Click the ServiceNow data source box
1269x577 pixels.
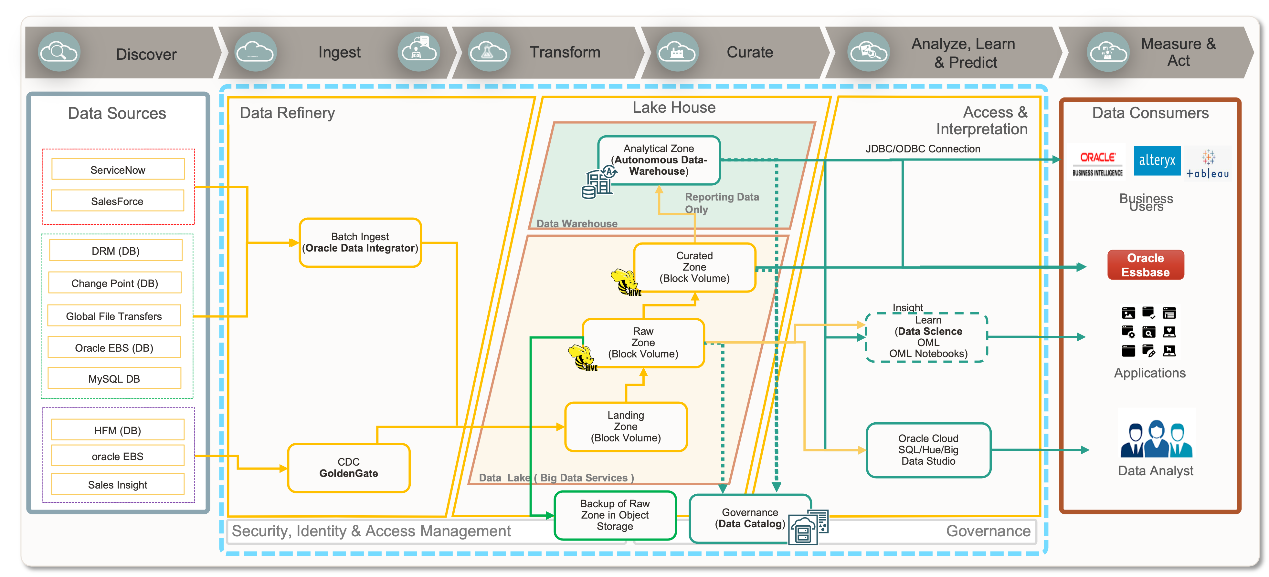pyautogui.click(x=118, y=170)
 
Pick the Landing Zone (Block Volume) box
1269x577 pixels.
pyautogui.click(x=626, y=426)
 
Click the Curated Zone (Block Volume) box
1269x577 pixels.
pyautogui.click(x=694, y=267)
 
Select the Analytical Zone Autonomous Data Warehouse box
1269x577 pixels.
pyautogui.click(x=659, y=160)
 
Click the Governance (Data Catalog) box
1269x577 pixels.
pyautogui.click(x=749, y=519)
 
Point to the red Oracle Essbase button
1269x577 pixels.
pyautogui.click(x=1145, y=265)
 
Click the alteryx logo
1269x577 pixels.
pyautogui.click(x=1157, y=160)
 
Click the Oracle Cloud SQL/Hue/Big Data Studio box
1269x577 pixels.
pyautogui.click(x=928, y=449)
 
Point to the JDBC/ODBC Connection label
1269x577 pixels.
pyautogui.click(x=923, y=149)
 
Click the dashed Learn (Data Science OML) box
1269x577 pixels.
pyautogui.click(x=926, y=337)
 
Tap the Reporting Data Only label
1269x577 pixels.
pyautogui.click(x=721, y=203)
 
